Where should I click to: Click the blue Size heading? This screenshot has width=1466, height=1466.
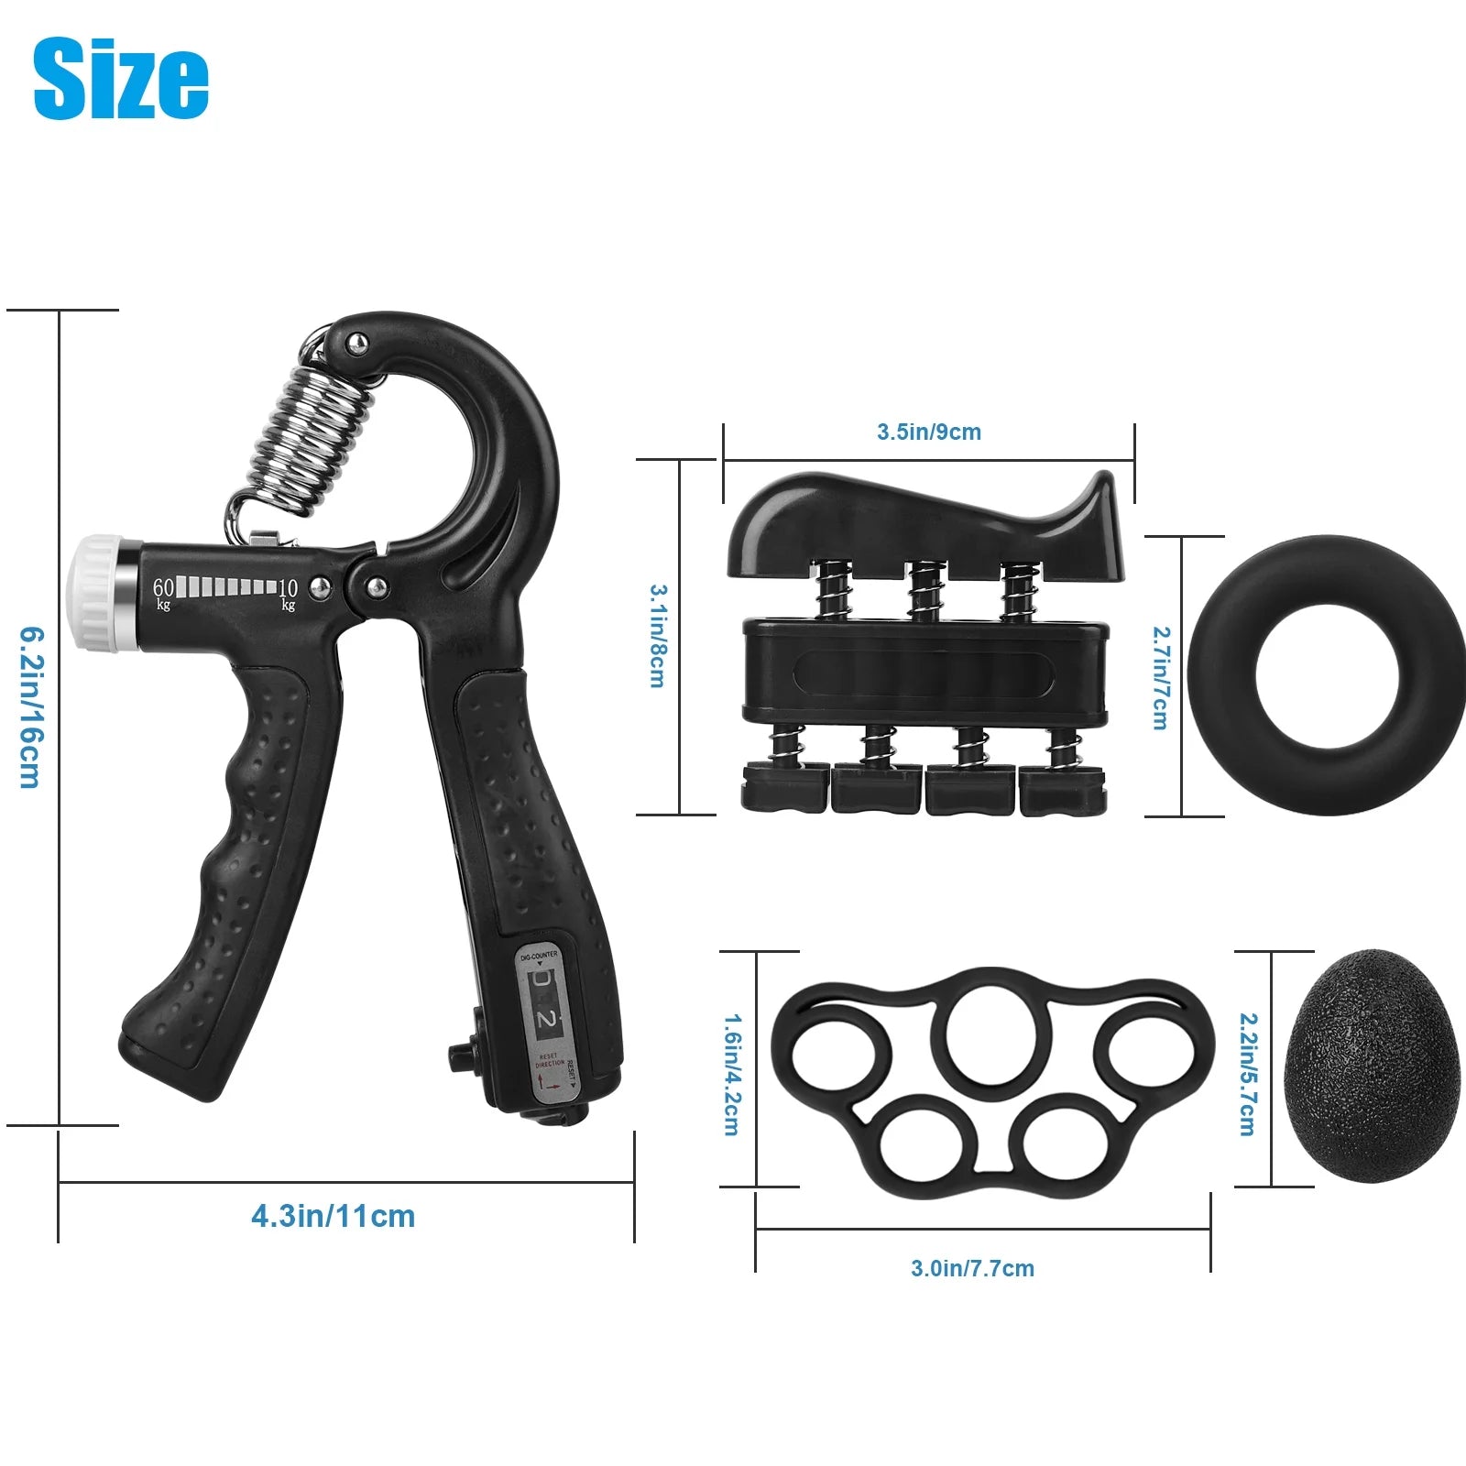[121, 80]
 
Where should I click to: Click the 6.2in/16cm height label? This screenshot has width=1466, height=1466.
[30, 707]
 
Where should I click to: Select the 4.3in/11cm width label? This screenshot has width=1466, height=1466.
[334, 1216]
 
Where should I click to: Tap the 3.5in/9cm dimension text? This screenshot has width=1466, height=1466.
[928, 432]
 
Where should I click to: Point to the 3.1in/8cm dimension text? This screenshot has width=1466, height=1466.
[657, 636]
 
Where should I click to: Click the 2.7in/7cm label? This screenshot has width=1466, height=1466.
[1160, 678]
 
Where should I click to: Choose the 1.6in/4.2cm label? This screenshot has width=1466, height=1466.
[731, 1074]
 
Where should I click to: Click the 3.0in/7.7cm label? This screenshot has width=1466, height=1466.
[972, 1268]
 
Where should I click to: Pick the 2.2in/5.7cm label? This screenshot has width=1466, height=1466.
[1247, 1074]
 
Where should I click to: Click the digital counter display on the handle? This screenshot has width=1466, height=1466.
[545, 1004]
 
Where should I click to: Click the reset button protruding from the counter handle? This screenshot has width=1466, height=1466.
[460, 1059]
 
